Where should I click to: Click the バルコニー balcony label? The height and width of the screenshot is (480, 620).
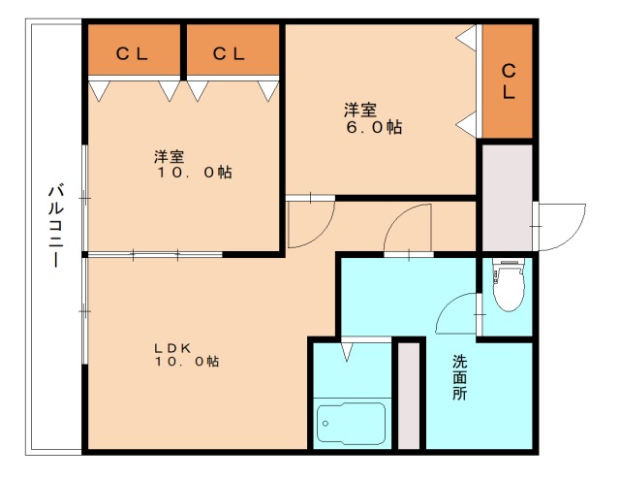pos(55,224)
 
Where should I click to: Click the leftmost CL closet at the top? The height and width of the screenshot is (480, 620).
pos(133,54)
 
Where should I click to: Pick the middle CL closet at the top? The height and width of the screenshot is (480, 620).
pos(230,54)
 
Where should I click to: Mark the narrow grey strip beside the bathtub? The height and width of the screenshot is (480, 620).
pos(409,395)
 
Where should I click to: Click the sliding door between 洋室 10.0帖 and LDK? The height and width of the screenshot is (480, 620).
pos(155,254)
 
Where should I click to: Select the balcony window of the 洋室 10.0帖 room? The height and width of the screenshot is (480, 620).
pos(85,199)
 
